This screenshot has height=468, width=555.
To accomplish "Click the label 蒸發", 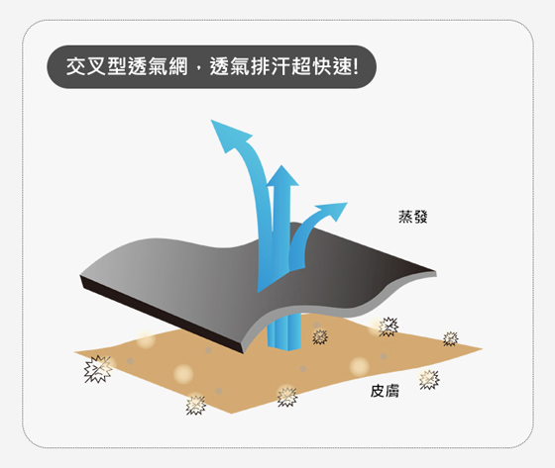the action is tap(412, 217).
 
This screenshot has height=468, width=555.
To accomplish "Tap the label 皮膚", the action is tap(385, 391).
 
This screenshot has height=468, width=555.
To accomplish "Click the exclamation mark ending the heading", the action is tap(355, 66).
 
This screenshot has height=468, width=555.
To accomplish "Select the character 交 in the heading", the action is tap(75, 66).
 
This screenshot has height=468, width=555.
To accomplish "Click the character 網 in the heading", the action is tap(178, 66).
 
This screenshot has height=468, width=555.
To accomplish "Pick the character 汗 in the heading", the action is tap(280, 66).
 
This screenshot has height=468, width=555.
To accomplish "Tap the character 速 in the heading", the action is tap(342, 66).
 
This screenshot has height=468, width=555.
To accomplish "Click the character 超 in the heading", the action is tap(301, 66).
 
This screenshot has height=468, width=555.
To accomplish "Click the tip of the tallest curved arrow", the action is tap(211, 120).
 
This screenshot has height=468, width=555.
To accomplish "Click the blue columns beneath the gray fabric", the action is tap(283, 331).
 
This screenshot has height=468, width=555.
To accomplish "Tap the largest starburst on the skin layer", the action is tap(98, 369).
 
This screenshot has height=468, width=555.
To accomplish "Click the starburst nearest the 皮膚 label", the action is tap(429, 380).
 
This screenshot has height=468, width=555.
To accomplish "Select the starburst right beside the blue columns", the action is tap(320, 336).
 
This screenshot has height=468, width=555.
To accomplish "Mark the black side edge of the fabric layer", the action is tap(161, 314).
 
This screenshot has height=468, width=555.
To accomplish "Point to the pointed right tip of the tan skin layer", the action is tap(482, 349).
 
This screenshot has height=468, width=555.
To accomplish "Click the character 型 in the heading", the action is tap(117, 66).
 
